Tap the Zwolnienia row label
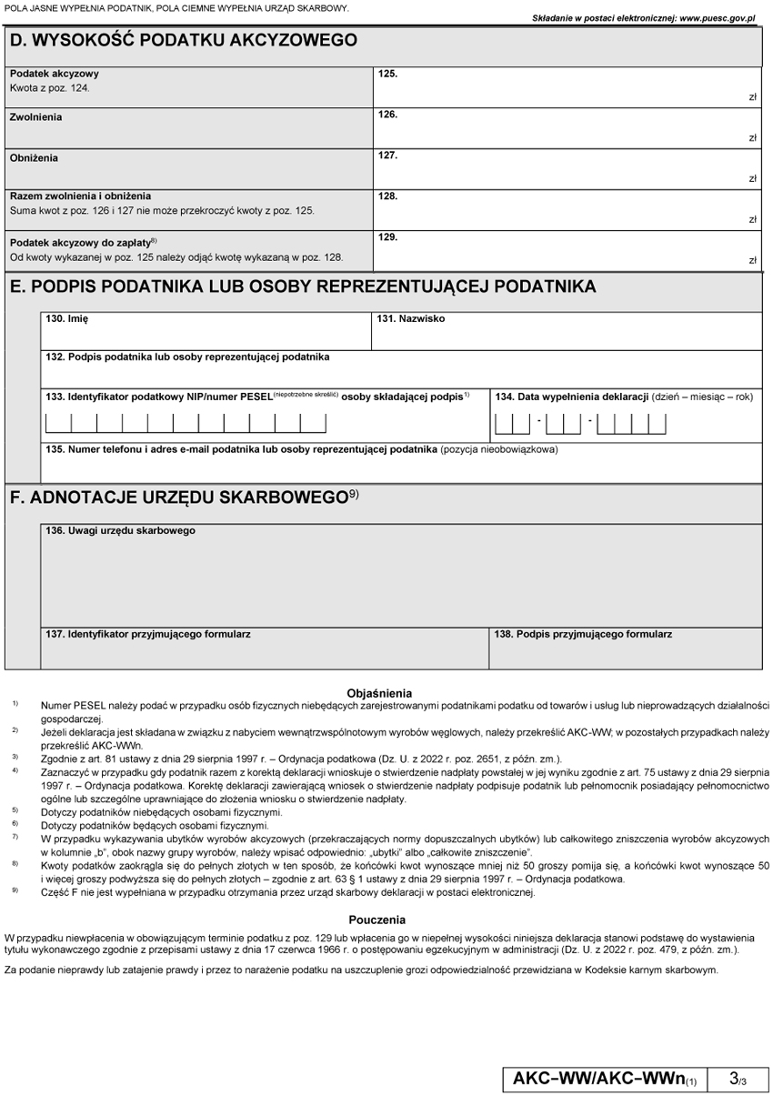37,117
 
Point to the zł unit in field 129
753,261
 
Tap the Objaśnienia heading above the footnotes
379,694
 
